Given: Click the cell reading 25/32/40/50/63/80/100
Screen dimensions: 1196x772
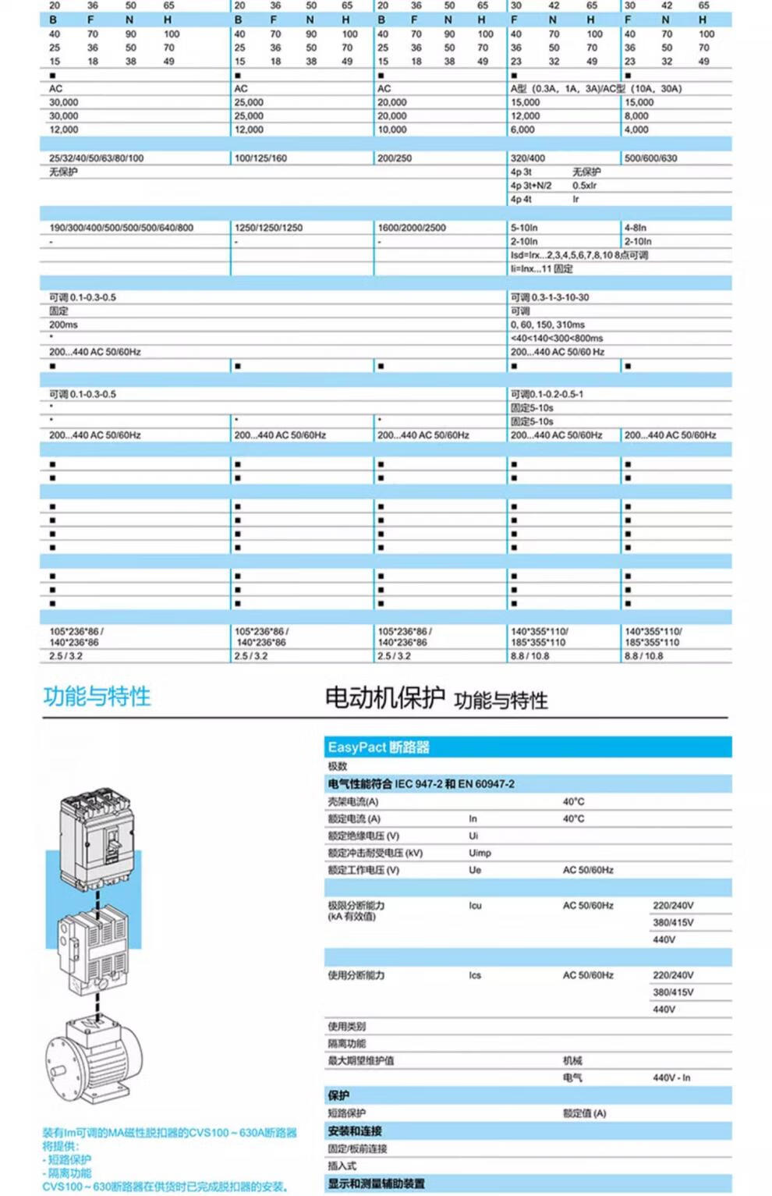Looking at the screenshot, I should [96, 158].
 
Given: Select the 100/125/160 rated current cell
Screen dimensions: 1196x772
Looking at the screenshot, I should [260, 158].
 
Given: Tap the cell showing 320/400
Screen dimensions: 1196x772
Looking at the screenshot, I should [528, 158].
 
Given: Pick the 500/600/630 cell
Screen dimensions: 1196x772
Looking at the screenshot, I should [650, 158].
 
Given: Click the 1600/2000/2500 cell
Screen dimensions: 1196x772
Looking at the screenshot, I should [412, 228].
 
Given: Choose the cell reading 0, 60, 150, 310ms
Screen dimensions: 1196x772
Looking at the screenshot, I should [547, 325].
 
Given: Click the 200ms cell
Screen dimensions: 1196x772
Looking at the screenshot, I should [63, 325].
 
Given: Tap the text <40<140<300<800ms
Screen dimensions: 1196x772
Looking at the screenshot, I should [556, 339].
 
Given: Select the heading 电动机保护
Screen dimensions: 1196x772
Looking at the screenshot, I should [384, 697].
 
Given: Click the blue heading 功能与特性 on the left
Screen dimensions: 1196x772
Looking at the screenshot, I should [97, 696].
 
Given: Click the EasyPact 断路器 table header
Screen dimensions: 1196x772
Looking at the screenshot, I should [379, 747].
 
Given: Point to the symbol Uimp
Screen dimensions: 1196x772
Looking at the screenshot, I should [480, 853].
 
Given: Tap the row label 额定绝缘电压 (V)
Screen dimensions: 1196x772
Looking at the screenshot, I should [363, 836].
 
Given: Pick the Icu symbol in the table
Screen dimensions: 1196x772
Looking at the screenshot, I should [475, 906].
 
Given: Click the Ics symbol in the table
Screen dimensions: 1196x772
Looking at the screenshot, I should [475, 975].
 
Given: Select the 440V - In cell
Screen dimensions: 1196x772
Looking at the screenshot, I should [671, 1077].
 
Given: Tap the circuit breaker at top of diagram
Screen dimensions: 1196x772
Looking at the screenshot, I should [97, 835].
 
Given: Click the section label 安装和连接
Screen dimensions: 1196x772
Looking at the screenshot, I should [355, 1131].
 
